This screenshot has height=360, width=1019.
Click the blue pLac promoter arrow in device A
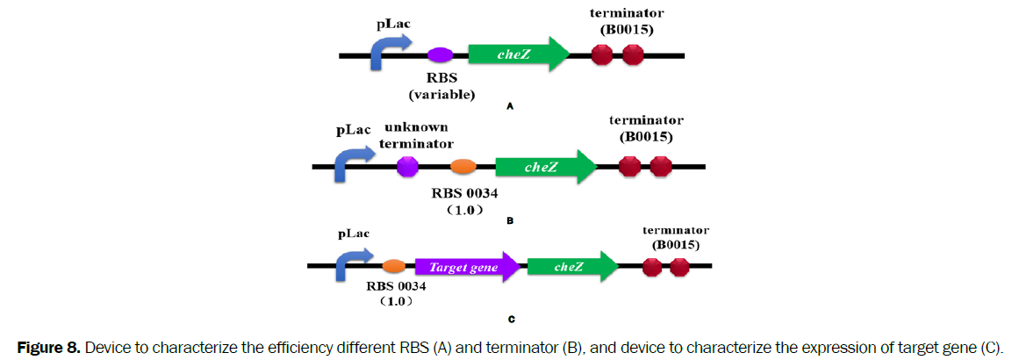pos(385,53)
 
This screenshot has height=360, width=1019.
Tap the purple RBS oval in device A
pos(439,55)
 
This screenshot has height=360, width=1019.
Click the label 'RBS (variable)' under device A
pos(441,86)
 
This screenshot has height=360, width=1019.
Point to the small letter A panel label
pos(510,106)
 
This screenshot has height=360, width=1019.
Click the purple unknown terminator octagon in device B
pos(407,166)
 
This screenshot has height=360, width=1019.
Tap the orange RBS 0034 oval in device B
pos(463,166)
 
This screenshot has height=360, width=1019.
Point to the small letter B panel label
pos(510,221)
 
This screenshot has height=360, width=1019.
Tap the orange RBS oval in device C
pos(394,265)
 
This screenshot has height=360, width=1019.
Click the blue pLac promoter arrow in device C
pos(351,263)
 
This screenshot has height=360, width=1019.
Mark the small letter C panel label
pos(511,320)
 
